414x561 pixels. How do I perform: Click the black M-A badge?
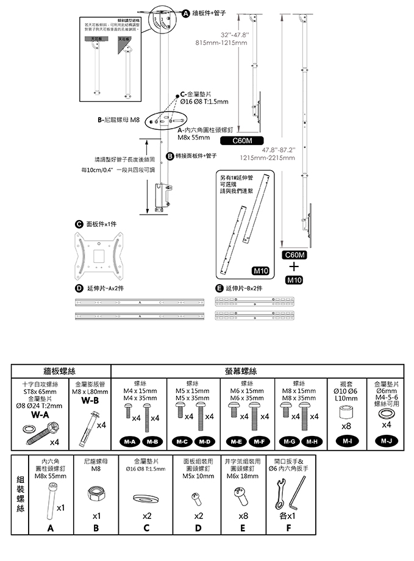[x=129, y=440]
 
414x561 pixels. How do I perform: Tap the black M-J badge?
[x=386, y=440]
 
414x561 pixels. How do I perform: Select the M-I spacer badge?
[x=346, y=440]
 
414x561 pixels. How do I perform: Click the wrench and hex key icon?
[x=291, y=494]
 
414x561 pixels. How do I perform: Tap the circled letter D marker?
[x=79, y=288]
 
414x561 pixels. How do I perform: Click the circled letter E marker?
[x=219, y=288]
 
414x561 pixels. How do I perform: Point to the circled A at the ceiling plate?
[x=187, y=12]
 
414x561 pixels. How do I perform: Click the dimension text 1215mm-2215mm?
[x=268, y=157]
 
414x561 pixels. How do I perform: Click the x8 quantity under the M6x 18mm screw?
[x=244, y=515]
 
